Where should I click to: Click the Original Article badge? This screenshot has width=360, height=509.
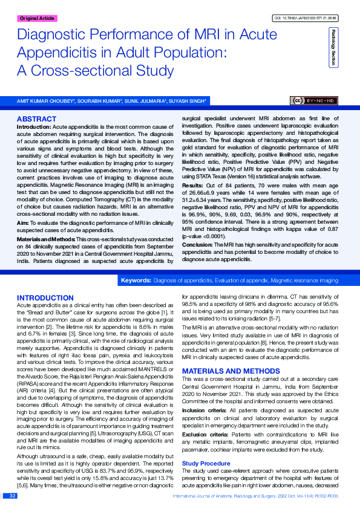pos(37,19)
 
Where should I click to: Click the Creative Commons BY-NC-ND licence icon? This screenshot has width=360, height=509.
pos(315,100)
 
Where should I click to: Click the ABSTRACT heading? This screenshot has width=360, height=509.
pos(37,119)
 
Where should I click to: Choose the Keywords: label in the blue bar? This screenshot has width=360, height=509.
pos(136,281)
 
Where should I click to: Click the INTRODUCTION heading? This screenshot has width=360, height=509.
pos(45,298)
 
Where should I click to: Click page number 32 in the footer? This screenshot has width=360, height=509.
pos(11,496)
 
